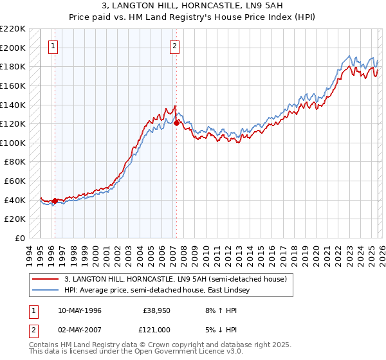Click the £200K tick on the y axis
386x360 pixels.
(14, 48)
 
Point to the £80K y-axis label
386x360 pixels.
(15, 162)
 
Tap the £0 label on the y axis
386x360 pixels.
(21, 239)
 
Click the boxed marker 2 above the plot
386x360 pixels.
(175, 46)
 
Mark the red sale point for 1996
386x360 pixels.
(55, 201)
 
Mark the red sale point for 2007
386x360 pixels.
(176, 123)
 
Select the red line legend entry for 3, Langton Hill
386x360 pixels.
(179, 279)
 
